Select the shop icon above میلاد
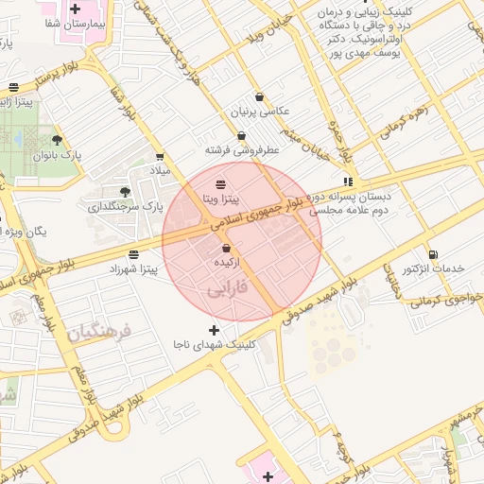point(158,157)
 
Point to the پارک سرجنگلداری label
point(126,205)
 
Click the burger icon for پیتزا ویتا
point(220,182)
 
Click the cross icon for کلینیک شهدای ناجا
point(213,330)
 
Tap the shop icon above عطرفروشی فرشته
point(242,135)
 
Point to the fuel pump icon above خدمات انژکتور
point(433,253)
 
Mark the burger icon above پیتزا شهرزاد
point(134,254)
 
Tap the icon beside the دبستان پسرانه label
point(349,181)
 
